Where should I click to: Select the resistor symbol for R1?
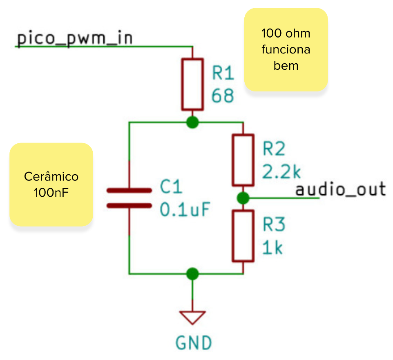192,84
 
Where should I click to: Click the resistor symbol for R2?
243,160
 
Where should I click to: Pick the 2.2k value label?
281,171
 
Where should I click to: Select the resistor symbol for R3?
243,236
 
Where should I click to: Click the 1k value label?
272,247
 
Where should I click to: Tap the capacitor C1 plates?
129,198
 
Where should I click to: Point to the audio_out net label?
340,189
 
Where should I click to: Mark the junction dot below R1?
192,122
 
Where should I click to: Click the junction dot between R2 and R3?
243,198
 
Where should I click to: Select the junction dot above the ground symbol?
192,273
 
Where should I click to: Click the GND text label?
194,342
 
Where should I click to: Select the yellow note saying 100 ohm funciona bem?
286,49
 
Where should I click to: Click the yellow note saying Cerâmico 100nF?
51,184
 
